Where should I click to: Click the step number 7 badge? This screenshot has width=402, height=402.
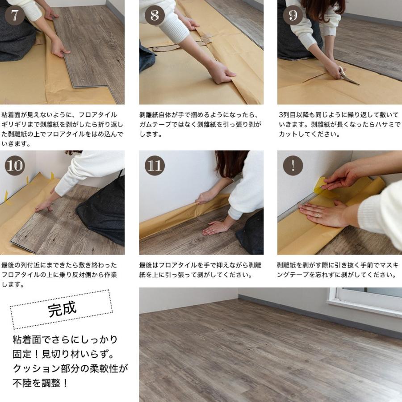[x=15, y=15]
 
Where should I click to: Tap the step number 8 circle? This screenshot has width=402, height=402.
[x=155, y=15]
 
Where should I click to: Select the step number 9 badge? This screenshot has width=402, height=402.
[x=293, y=15]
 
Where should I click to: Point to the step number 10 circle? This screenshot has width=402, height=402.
[x=15, y=165]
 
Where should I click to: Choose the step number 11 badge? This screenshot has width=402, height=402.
[x=155, y=165]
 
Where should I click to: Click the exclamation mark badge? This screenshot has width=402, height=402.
[x=293, y=165]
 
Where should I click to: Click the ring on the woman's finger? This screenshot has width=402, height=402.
[x=318, y=215]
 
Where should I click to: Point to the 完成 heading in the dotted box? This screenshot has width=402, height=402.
[x=62, y=309]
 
